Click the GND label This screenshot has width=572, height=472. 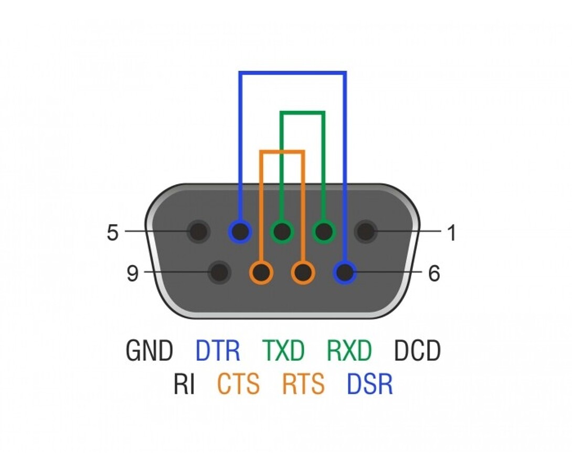pyautogui.click(x=149, y=350)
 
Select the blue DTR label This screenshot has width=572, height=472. pyautogui.click(x=218, y=350)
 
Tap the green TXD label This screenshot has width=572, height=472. pyautogui.click(x=283, y=350)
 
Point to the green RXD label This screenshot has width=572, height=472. pyautogui.click(x=349, y=350)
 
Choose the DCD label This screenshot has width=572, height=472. pyautogui.click(x=417, y=350)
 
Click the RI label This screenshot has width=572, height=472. pyautogui.click(x=184, y=383)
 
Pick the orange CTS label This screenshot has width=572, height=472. pyautogui.click(x=238, y=383)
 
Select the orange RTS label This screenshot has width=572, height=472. pyautogui.click(x=303, y=383)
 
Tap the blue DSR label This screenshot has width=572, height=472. pyautogui.click(x=369, y=383)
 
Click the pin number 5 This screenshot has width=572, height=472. pyautogui.click(x=113, y=232)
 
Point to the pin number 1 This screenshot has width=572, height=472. pyautogui.click(x=452, y=232)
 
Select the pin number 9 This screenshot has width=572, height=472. pyautogui.click(x=132, y=273)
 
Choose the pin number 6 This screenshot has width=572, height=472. pyautogui.click(x=434, y=273)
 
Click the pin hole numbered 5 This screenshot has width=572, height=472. pyautogui.click(x=198, y=231)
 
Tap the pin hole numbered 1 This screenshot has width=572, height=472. pyautogui.click(x=366, y=231)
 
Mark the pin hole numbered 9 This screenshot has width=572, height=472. pyautogui.click(x=219, y=272)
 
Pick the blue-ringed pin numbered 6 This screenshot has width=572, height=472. pyautogui.click(x=345, y=272)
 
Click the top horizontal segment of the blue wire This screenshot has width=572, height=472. pyautogui.click(x=293, y=73)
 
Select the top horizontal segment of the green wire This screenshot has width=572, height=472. pyautogui.click(x=302, y=113)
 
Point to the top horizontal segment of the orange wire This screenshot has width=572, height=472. pyautogui.click(x=282, y=152)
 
